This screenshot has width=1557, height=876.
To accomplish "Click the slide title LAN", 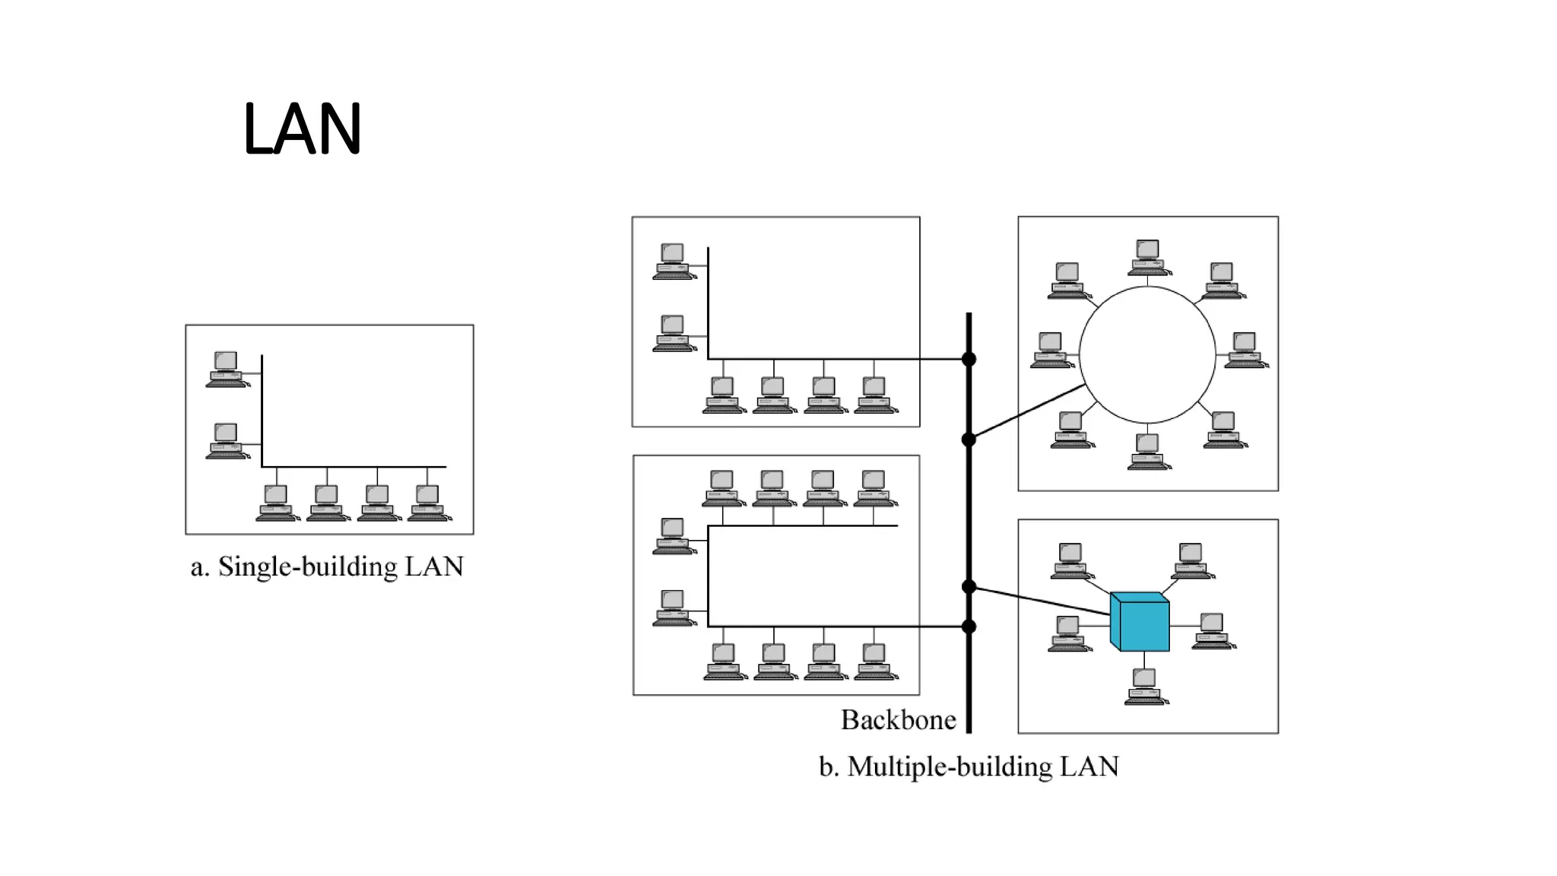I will pyautogui.click(x=302, y=129).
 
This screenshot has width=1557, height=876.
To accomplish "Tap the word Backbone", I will pyautogui.click(x=898, y=719).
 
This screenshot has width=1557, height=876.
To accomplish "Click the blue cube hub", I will pyautogui.click(x=1140, y=621).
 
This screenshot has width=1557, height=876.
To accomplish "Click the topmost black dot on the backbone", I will pyautogui.click(x=969, y=359).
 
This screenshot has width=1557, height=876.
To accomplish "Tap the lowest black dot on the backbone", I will pyautogui.click(x=969, y=627).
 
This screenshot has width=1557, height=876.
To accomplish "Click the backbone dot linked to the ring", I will pyautogui.click(x=969, y=440).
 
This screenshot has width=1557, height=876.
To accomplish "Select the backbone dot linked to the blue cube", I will pyautogui.click(x=969, y=586).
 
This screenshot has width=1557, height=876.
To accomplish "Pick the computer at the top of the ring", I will pyautogui.click(x=1148, y=256).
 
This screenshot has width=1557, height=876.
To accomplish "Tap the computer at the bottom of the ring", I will pyautogui.click(x=1148, y=451).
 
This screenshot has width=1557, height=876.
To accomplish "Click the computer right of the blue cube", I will pyautogui.click(x=1213, y=630).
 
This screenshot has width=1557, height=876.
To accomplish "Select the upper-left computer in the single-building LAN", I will pyautogui.click(x=227, y=369).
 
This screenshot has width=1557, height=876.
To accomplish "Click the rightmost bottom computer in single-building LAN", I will pyautogui.click(x=428, y=503).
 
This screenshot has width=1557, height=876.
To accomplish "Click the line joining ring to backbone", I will pyautogui.click(x=1026, y=412).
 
